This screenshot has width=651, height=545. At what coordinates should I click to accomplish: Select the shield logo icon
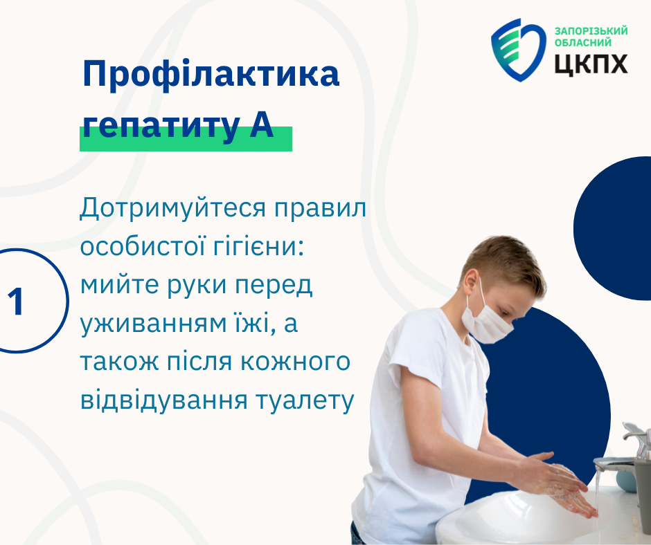[x=519, y=49]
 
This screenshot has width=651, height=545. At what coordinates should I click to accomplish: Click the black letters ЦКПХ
[x=591, y=64]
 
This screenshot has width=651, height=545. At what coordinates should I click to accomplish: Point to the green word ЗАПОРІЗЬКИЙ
[x=591, y=30]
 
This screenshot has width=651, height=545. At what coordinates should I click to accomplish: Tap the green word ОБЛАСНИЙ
[x=583, y=42]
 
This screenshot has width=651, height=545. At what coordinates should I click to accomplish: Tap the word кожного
[x=295, y=362]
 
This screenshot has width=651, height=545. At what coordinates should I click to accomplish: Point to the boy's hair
[x=506, y=261]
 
